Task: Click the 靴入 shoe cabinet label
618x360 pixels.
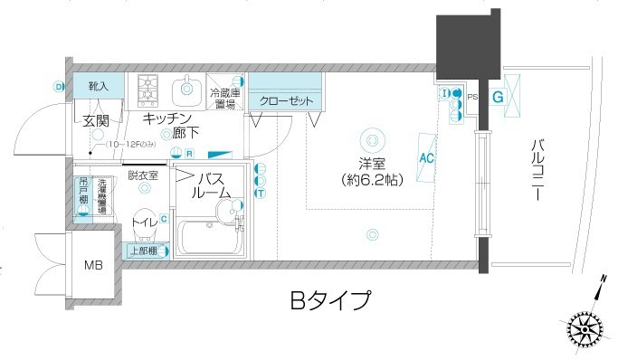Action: pyautogui.click(x=98, y=86)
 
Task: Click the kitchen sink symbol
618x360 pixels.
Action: pyautogui.click(x=186, y=88)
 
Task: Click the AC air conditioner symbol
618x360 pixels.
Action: pyautogui.click(x=427, y=156)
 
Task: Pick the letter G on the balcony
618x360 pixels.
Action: pyautogui.click(x=497, y=95)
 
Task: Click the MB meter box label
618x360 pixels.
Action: pyautogui.click(x=93, y=265)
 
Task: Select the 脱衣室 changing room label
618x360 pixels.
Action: pyautogui.click(x=143, y=175)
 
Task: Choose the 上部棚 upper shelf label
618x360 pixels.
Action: pyautogui.click(x=143, y=251)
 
